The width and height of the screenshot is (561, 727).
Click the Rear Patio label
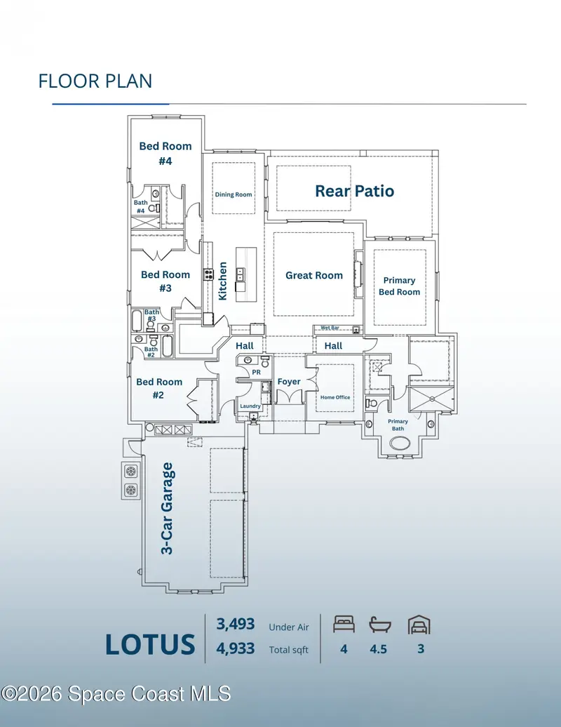[x=354, y=191]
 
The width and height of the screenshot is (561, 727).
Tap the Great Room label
[x=314, y=275]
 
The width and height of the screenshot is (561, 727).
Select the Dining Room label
[x=234, y=195]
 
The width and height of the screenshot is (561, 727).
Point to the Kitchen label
[x=223, y=281]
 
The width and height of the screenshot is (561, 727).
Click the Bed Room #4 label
[x=165, y=154]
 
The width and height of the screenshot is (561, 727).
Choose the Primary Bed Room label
[x=399, y=286]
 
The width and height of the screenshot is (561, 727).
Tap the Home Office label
[x=335, y=397]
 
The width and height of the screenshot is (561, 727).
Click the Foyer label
[x=289, y=382]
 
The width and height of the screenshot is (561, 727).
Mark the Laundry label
[x=250, y=406]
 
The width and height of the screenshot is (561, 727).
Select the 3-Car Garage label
[x=167, y=508]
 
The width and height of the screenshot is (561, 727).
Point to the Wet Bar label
[x=330, y=328]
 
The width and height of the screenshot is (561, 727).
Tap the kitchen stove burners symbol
[x=208, y=274]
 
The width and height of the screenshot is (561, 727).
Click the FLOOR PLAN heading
[x=95, y=81]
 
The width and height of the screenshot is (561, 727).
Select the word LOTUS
[x=150, y=644]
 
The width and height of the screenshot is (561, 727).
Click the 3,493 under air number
[x=236, y=624]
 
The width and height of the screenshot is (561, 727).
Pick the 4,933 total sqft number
[x=236, y=648]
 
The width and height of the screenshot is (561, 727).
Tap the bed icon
[x=344, y=624]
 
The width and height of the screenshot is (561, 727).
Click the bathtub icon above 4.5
[x=380, y=625]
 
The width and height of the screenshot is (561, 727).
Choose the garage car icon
[x=419, y=625]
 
